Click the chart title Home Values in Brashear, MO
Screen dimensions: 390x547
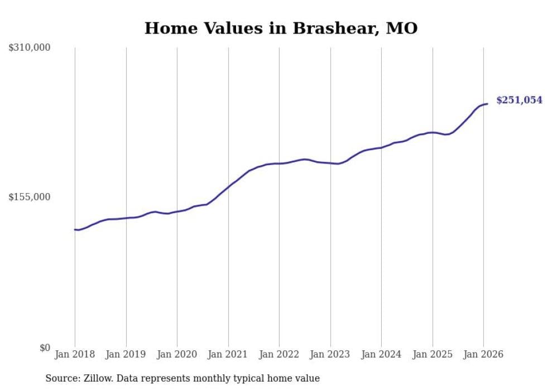[x=281, y=28]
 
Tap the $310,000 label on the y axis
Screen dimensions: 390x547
[x=30, y=48]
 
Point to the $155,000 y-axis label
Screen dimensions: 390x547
[x=30, y=197]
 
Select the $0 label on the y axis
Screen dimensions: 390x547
[x=45, y=348]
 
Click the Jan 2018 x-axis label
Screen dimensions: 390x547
[x=75, y=354]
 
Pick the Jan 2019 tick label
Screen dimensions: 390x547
[x=126, y=354]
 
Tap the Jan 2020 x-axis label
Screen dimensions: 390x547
[x=177, y=354]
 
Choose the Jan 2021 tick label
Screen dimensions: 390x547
[x=228, y=354]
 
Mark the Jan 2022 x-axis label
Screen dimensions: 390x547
[x=279, y=354]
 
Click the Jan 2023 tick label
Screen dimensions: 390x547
[x=330, y=354]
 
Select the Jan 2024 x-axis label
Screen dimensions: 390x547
[x=381, y=354]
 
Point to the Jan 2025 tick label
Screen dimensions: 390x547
[x=433, y=354]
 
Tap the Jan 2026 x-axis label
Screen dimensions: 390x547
[x=483, y=354]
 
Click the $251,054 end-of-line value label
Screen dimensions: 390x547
[x=519, y=100]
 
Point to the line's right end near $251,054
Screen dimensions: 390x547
[x=487, y=104]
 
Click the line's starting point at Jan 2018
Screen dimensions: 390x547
[x=75, y=229]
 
